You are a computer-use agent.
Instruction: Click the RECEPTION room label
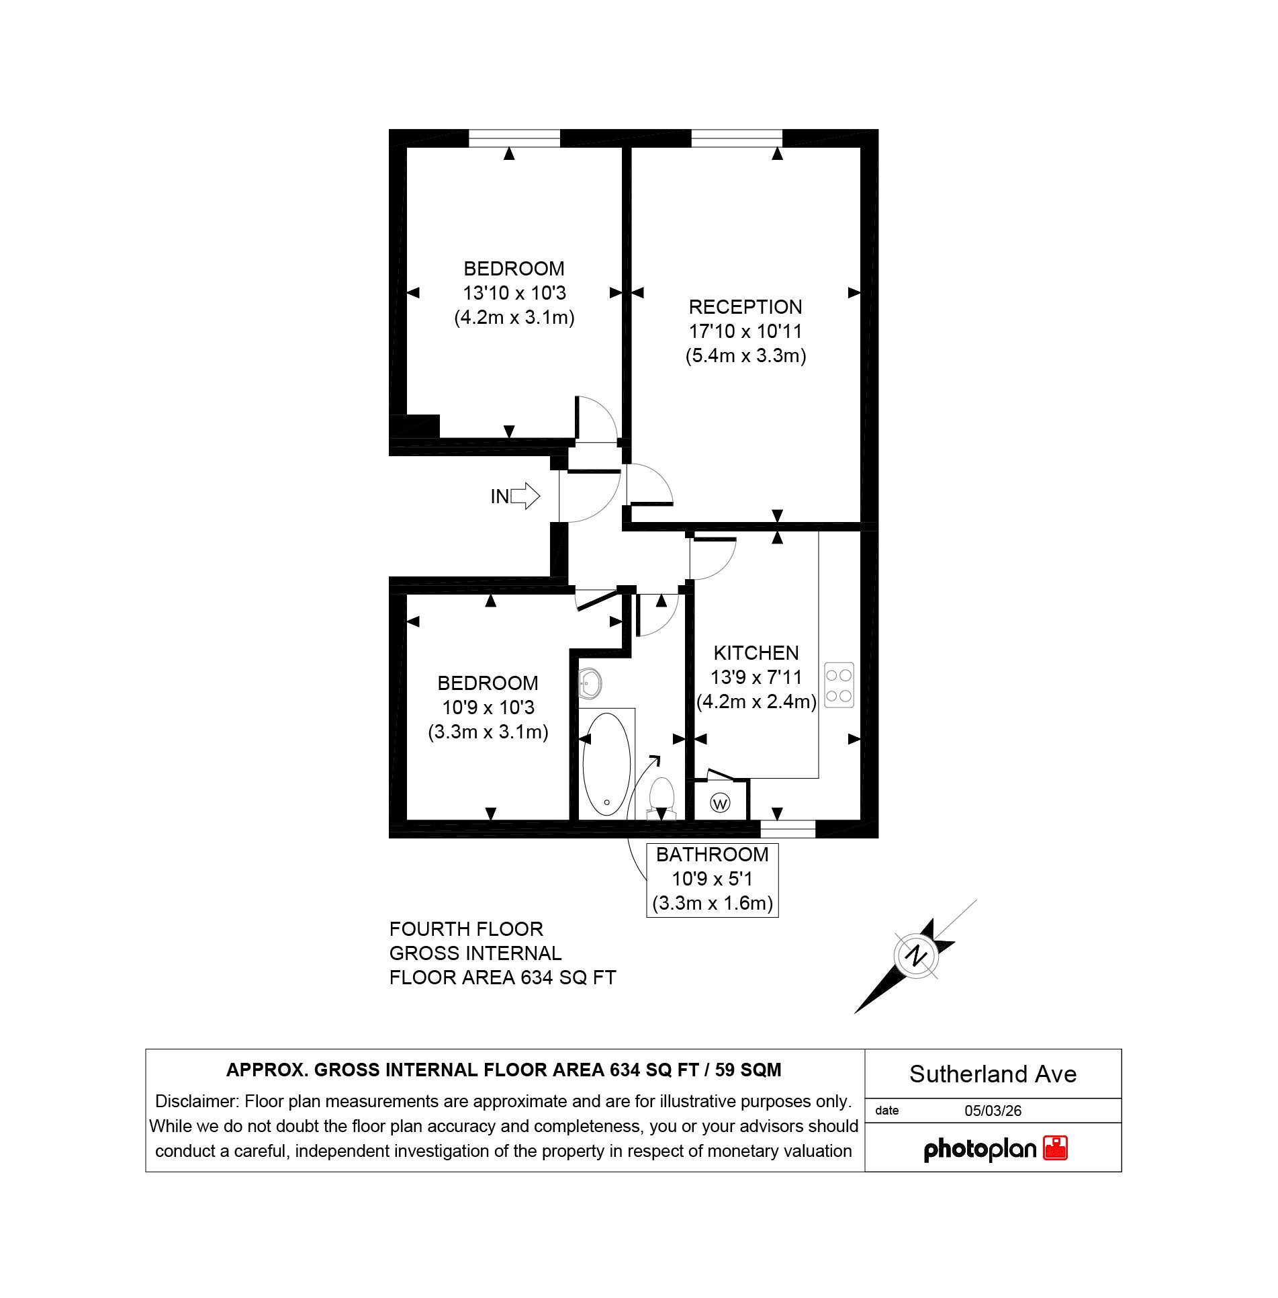745,307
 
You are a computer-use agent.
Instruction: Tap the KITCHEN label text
756,653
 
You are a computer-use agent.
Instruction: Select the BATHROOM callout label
712,855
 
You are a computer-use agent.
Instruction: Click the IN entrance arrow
524,496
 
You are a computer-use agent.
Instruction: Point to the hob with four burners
839,685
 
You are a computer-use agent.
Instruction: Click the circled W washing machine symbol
720,803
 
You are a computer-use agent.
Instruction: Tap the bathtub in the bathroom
606,764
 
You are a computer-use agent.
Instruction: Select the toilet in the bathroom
661,796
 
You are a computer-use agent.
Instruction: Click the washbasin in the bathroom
590,684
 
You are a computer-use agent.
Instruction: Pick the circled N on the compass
916,955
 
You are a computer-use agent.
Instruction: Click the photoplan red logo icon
1055,1148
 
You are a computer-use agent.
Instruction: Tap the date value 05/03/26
993,1111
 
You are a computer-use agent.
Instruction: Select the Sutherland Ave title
993,1074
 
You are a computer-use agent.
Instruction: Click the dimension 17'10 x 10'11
745,331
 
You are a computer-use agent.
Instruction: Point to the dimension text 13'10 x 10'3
514,293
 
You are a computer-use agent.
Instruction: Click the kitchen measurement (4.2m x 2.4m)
756,701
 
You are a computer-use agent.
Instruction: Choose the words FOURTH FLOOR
466,929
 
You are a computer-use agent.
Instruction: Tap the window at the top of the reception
737,138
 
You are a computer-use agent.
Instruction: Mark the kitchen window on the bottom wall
787,830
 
